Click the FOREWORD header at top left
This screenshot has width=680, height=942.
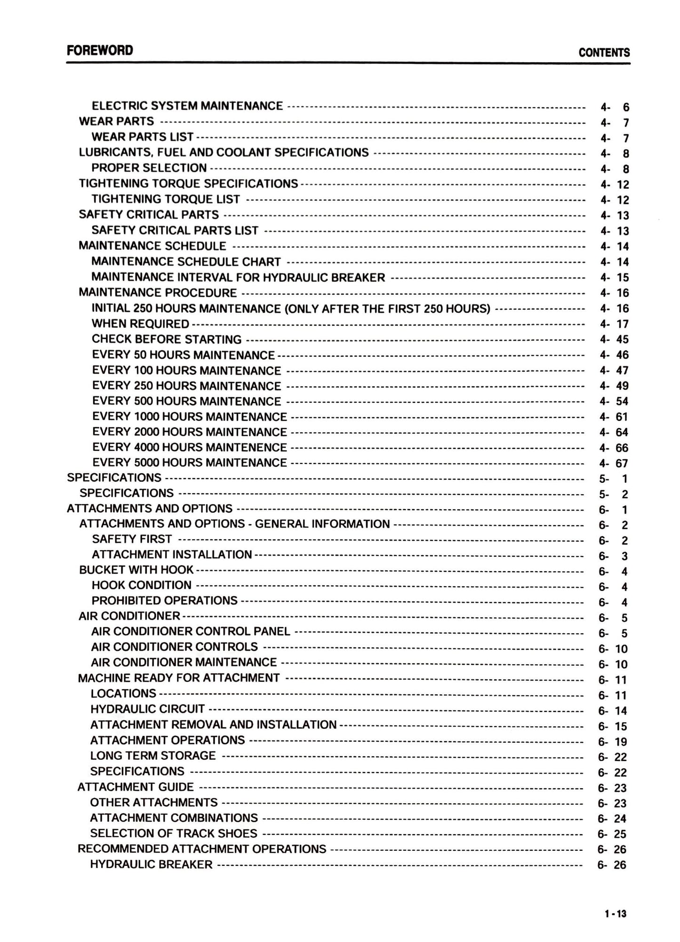(x=100, y=50)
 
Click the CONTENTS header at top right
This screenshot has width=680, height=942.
(x=604, y=53)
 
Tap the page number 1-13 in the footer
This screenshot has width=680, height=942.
(x=616, y=914)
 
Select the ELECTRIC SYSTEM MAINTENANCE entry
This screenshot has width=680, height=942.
(x=187, y=106)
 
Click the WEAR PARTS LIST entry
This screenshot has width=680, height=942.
(x=142, y=137)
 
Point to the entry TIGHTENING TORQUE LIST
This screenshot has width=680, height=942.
(x=166, y=199)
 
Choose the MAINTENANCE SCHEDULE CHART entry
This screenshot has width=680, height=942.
(x=186, y=262)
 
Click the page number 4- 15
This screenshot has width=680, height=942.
(x=614, y=278)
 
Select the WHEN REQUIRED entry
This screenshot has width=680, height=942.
(x=140, y=324)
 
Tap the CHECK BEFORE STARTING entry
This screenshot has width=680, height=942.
(x=167, y=339)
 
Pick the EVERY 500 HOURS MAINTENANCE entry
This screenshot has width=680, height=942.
(x=186, y=401)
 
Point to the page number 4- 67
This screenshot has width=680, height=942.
(x=614, y=463)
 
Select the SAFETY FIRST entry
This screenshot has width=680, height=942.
(x=132, y=539)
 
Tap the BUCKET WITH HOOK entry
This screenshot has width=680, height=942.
(x=136, y=570)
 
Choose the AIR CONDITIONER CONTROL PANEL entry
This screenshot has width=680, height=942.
(x=191, y=631)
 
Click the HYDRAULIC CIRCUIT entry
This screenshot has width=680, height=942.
(x=147, y=709)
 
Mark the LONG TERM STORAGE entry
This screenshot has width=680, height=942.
(x=153, y=755)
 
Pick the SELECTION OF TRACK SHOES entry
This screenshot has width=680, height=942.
(x=174, y=833)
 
